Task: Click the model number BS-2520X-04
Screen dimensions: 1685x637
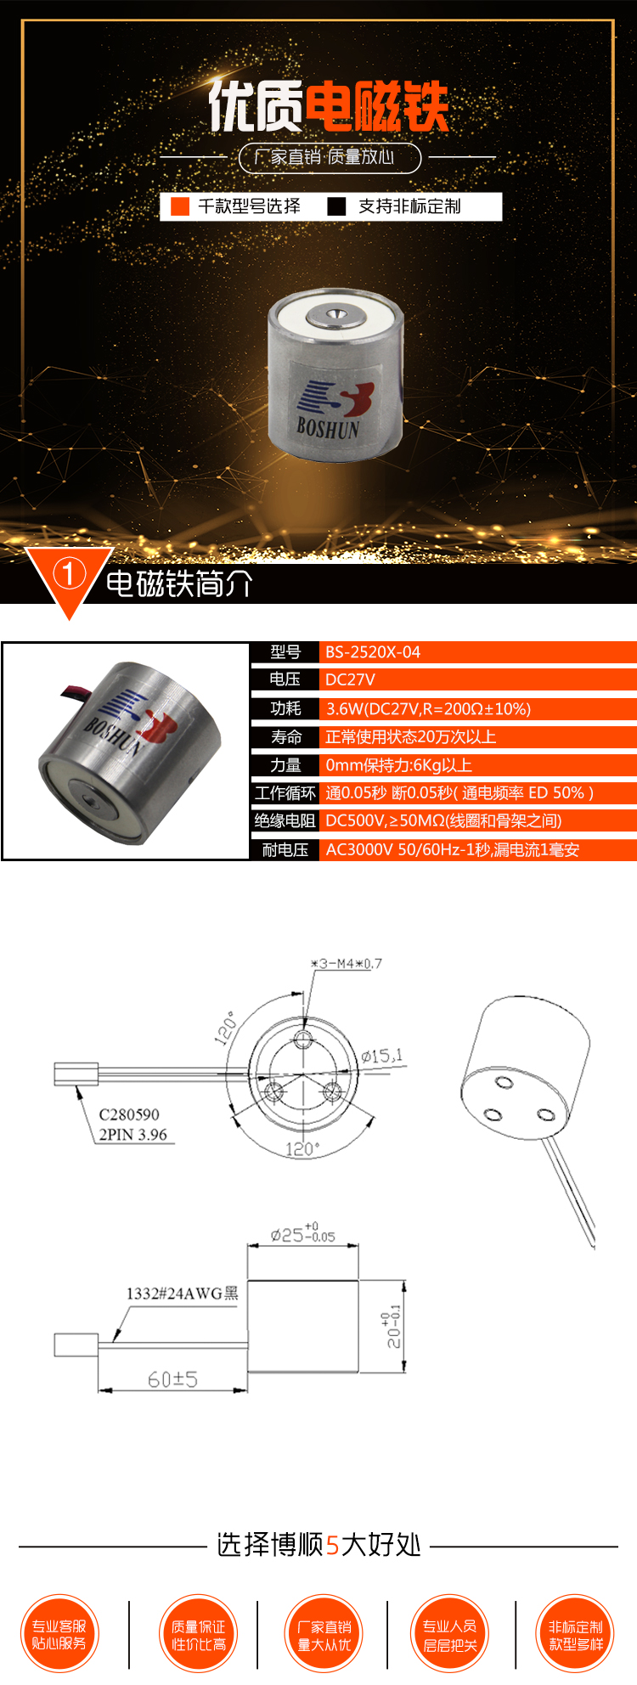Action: point(373,652)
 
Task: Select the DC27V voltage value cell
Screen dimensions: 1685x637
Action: point(350,679)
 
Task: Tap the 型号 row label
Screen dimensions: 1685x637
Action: point(285,652)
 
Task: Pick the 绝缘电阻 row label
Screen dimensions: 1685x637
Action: point(285,820)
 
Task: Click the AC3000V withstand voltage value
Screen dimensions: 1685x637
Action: point(452,850)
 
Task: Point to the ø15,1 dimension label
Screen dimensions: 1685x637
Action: point(381,1057)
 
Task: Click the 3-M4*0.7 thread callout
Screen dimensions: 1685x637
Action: point(347,963)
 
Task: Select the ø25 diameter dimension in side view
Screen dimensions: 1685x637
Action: point(302,1235)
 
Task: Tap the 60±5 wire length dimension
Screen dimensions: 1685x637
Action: point(172,1379)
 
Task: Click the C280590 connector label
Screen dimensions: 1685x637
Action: point(129,1114)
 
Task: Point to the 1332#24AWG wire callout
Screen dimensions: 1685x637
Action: point(182,1293)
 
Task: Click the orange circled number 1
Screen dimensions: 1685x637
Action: point(69,575)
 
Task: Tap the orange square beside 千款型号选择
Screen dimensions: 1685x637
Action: point(180,206)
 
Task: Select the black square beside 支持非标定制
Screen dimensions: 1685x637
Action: point(337,206)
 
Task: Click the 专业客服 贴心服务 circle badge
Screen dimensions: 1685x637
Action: point(59,1634)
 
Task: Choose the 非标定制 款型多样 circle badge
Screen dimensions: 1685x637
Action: point(576,1634)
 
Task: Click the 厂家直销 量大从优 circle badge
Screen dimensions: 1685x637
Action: point(324,1634)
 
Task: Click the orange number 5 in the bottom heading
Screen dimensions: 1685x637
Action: point(332,1545)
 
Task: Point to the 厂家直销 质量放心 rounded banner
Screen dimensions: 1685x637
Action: point(330,157)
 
